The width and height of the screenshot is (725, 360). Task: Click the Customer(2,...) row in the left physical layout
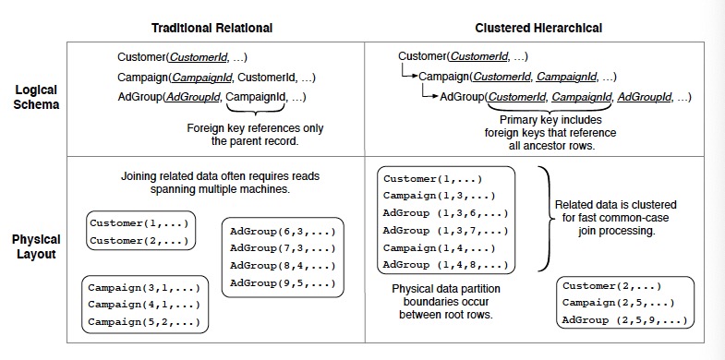coord(140,240)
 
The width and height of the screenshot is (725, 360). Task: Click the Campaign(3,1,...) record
coord(144,287)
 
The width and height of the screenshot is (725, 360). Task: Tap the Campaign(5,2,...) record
coord(144,321)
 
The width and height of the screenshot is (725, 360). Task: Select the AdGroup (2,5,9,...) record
coord(624,319)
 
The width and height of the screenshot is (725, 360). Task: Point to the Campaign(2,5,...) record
coord(616,303)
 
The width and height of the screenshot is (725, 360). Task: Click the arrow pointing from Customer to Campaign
coord(407,74)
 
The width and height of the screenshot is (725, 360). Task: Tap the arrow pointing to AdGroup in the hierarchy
coord(429,95)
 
